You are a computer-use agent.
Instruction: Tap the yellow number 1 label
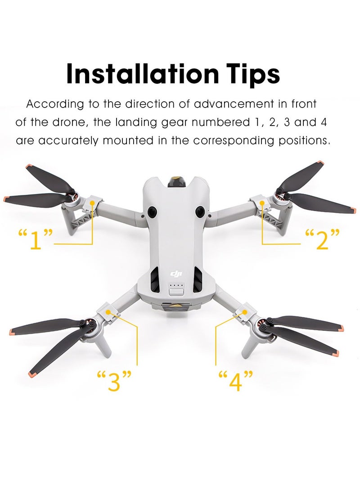tap(36, 239)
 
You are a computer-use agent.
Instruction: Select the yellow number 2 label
tap(322, 239)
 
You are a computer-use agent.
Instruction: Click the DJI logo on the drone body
tap(175, 274)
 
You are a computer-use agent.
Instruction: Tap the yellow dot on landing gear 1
tap(92, 203)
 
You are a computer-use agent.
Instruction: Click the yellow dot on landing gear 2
tap(263, 203)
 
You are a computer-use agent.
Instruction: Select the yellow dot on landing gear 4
tap(245, 311)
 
